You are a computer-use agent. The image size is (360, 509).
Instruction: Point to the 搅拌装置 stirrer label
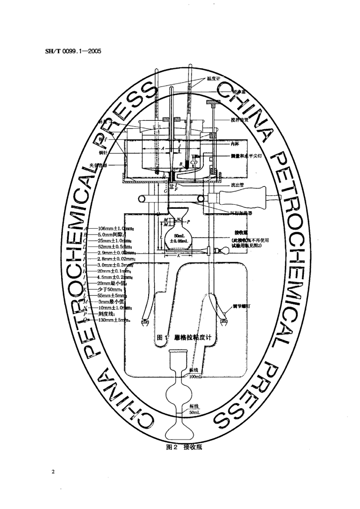[227, 120]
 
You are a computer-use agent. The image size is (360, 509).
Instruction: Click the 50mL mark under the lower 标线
[194, 413]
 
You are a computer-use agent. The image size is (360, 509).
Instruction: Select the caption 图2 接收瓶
[179, 447]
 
